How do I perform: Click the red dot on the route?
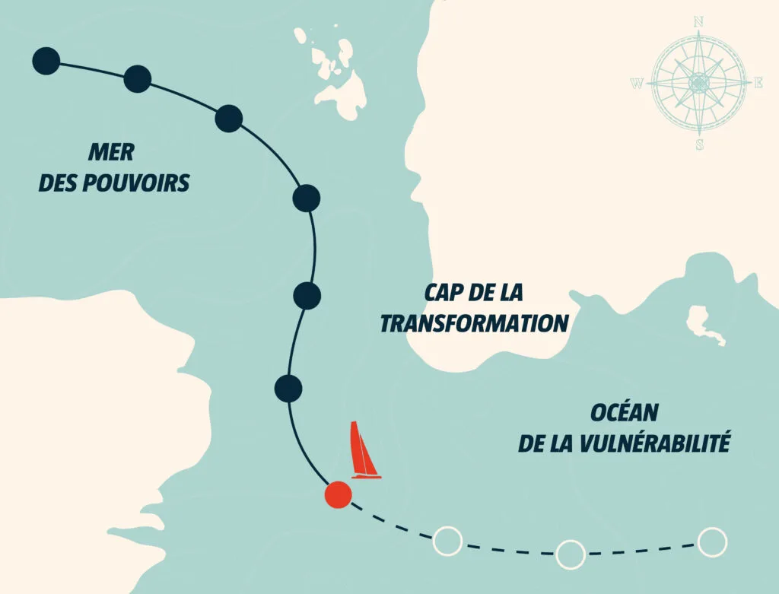tap(338, 495)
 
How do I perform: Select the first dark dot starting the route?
tap(46, 61)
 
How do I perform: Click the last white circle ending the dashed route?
tap(712, 542)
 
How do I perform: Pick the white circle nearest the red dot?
tap(447, 541)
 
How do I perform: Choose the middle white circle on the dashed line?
tap(571, 554)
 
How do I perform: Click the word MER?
tap(111, 152)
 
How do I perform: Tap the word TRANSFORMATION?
tap(474, 323)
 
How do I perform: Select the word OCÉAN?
tap(624, 413)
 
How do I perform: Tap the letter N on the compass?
tap(698, 22)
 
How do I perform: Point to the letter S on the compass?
tap(699, 145)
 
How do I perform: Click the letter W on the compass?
tap(637, 84)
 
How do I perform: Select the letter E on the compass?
tap(758, 84)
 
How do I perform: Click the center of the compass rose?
tap(698, 82)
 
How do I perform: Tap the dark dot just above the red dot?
tap(288, 388)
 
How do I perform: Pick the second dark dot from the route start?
tap(137, 78)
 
